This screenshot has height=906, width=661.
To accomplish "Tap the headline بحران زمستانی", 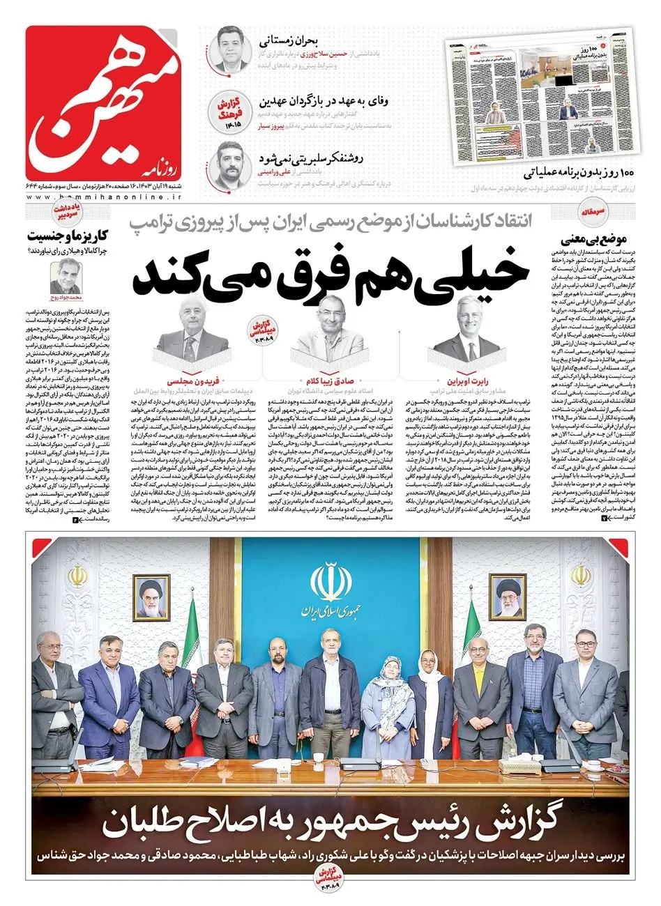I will (x=278, y=38).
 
